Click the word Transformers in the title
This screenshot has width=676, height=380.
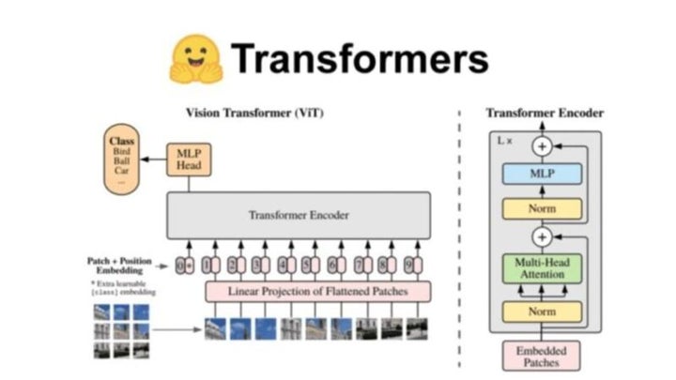[x=361, y=59]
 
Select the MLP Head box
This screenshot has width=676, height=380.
[x=184, y=160]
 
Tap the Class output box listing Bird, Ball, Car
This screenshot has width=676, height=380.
[x=121, y=161]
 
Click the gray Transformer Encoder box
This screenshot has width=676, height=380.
[x=299, y=215]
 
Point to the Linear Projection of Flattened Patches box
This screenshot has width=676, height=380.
[x=318, y=292]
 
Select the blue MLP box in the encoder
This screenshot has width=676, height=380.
[x=544, y=175]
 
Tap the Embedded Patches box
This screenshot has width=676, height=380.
[x=544, y=354]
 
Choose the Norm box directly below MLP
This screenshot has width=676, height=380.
[x=544, y=208]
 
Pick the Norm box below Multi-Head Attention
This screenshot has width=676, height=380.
[x=544, y=310]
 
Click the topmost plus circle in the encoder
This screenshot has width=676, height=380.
[x=543, y=146]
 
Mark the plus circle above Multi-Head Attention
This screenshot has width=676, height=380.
[x=543, y=236]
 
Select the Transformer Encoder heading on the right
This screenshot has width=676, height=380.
[x=545, y=114]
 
